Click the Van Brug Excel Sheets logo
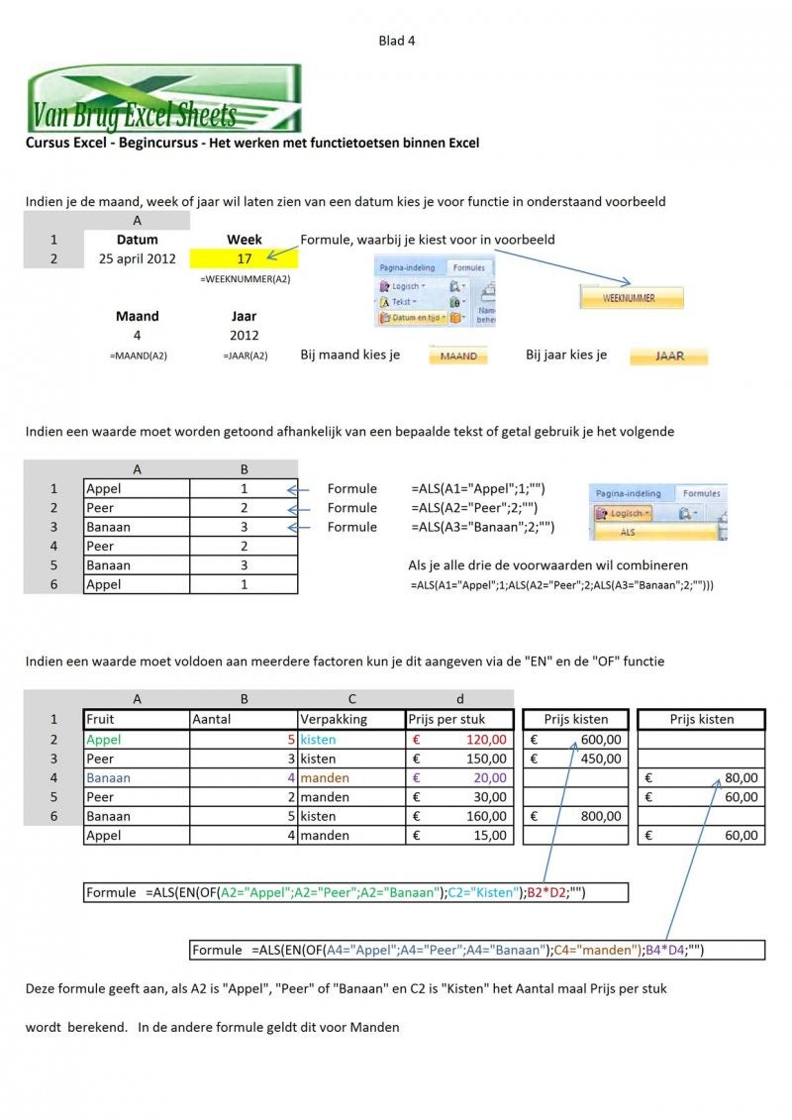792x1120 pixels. coord(163,98)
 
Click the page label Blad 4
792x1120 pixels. coord(397,41)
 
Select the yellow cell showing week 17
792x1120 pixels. coord(245,259)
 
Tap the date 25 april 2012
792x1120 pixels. coord(137,259)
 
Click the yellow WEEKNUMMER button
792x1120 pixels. coord(631,297)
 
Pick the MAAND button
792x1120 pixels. coord(458,356)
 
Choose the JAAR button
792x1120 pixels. coord(669,356)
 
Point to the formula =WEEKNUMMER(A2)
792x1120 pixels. coord(245,279)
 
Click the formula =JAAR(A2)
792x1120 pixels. coord(245,356)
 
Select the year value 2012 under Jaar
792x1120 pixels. coord(244,336)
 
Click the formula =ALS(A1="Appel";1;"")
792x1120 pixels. coord(478,488)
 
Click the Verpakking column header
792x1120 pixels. coord(333,720)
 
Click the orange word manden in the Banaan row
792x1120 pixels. coord(325,777)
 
